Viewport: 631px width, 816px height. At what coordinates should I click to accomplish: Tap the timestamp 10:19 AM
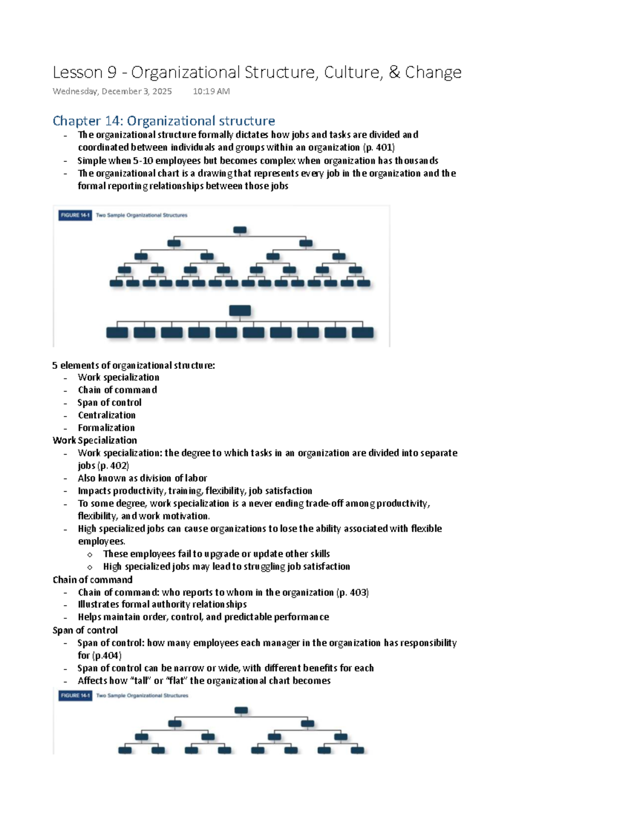(x=211, y=91)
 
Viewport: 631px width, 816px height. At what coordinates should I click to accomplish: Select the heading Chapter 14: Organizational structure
(x=164, y=121)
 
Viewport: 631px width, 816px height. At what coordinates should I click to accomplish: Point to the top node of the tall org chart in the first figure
(x=240, y=230)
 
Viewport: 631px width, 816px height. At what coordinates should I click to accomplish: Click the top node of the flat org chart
(x=240, y=311)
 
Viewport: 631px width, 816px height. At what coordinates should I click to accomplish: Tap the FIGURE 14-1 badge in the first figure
(x=75, y=215)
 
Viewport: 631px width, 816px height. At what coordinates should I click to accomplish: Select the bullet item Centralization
(x=107, y=415)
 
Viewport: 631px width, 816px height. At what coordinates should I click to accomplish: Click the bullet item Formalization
(x=106, y=428)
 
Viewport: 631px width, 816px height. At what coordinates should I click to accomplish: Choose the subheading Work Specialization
(x=95, y=440)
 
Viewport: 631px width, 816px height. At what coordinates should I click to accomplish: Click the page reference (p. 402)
(x=113, y=466)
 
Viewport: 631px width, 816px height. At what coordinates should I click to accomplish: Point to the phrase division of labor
(x=174, y=478)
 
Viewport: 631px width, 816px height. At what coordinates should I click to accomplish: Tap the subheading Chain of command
(x=93, y=580)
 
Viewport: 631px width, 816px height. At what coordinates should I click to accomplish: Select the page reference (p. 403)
(x=352, y=592)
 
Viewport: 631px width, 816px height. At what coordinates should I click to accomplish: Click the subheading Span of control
(x=85, y=630)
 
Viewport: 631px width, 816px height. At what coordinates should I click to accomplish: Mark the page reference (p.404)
(x=107, y=655)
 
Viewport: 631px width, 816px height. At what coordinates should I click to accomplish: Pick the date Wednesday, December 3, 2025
(x=112, y=91)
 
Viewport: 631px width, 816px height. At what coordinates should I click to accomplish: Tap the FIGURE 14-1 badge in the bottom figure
(x=75, y=695)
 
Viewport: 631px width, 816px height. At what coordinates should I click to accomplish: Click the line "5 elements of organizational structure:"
(x=134, y=365)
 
